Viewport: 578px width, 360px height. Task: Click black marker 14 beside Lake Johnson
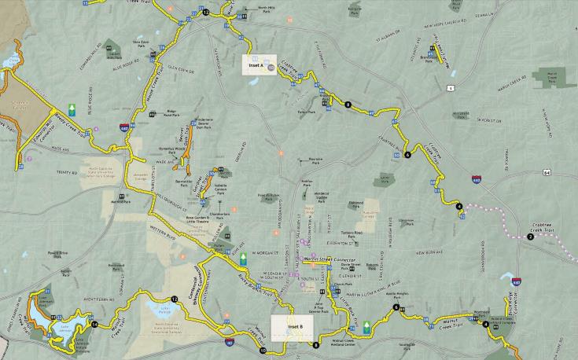point(94,324)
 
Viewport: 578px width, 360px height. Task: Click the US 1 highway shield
point(451,88)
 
